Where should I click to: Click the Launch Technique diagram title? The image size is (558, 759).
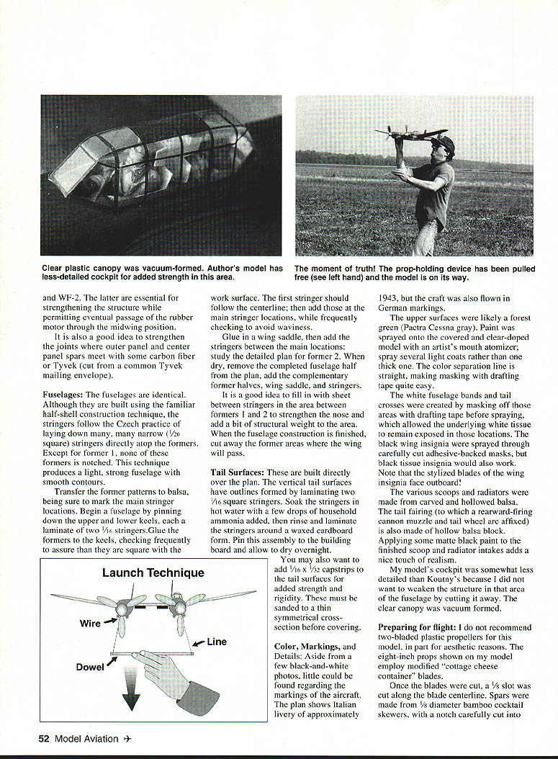tap(153, 573)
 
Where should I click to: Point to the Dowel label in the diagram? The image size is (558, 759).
tap(90, 667)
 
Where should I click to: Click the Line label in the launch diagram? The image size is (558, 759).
tap(217, 642)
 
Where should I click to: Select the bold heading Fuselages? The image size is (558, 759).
tap(63, 395)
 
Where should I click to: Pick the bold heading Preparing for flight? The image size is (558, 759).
tap(415, 627)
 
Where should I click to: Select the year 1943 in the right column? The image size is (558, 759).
tap(392, 298)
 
